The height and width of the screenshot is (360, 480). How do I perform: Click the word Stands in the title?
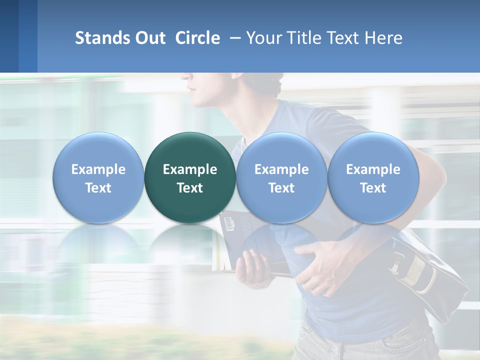[x=102, y=38]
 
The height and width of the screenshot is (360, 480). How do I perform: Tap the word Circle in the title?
[x=197, y=38]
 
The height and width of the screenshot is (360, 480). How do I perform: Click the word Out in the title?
[x=150, y=38]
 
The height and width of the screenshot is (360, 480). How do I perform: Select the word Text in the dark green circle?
[x=190, y=188]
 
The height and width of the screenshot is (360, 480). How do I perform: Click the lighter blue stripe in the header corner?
[x=28, y=36]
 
